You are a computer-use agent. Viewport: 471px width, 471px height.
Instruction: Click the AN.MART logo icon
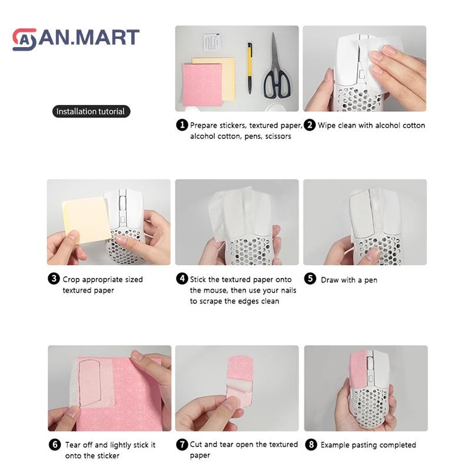click(x=24, y=39)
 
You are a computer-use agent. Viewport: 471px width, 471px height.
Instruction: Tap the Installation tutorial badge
click(x=91, y=111)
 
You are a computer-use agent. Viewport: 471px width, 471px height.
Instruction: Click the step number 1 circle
click(x=182, y=125)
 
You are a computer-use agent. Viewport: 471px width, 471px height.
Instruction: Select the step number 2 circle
click(x=310, y=125)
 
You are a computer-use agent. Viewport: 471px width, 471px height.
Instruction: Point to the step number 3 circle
click(x=54, y=278)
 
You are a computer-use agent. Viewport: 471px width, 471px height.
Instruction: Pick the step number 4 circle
click(x=182, y=278)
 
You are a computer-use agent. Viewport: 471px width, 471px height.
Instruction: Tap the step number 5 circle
click(x=310, y=278)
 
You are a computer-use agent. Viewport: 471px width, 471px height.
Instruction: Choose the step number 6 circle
click(x=55, y=445)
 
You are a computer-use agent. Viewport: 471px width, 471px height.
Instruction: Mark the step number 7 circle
click(x=182, y=445)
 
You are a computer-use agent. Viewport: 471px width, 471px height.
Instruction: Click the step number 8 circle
click(x=311, y=445)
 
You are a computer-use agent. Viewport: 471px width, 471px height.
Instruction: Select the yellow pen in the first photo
click(x=250, y=68)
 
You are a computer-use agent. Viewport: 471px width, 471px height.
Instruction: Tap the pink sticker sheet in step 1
click(x=203, y=84)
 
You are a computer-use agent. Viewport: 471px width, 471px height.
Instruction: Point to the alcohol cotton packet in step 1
click(x=212, y=42)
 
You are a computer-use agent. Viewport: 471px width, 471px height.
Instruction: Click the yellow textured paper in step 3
click(x=86, y=219)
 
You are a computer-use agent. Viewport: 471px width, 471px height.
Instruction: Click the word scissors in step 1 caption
click(x=278, y=137)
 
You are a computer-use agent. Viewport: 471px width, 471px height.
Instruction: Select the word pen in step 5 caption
click(x=371, y=281)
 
